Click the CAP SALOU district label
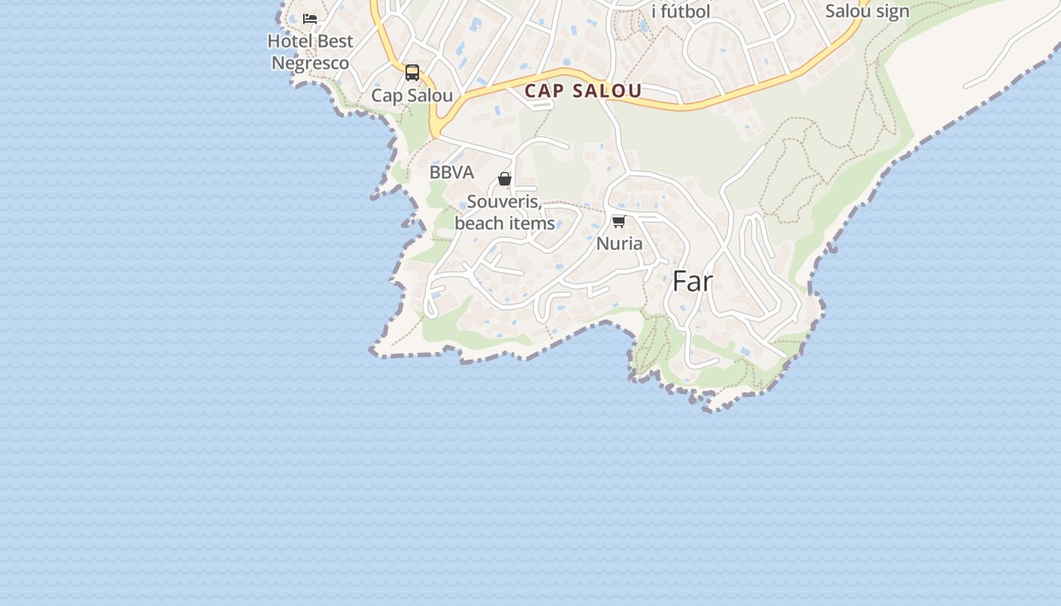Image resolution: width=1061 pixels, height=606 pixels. [x=583, y=91]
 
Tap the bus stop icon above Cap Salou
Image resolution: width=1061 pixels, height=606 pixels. [x=412, y=73]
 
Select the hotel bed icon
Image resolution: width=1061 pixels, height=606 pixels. [x=310, y=19]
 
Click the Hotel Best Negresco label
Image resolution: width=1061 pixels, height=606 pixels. [x=311, y=52]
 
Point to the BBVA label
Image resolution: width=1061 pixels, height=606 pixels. [x=452, y=173]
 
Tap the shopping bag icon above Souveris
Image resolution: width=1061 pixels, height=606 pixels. [x=505, y=180]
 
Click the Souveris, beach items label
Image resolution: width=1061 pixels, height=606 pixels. [x=505, y=213]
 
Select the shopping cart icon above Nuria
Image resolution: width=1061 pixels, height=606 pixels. [x=619, y=222]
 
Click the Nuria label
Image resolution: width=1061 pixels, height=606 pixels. [x=619, y=244]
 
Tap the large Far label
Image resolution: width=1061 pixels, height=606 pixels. [x=693, y=282]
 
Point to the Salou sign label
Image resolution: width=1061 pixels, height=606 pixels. [x=867, y=11]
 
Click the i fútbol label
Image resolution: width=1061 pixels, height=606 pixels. [x=681, y=12]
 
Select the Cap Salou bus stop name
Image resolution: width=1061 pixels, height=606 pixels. [x=412, y=95]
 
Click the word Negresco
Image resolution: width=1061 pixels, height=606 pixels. [x=311, y=63]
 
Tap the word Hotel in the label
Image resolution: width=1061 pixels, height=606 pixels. [x=290, y=41]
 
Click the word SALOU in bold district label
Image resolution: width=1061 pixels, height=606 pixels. [x=607, y=91]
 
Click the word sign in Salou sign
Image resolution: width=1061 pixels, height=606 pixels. [x=892, y=11]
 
